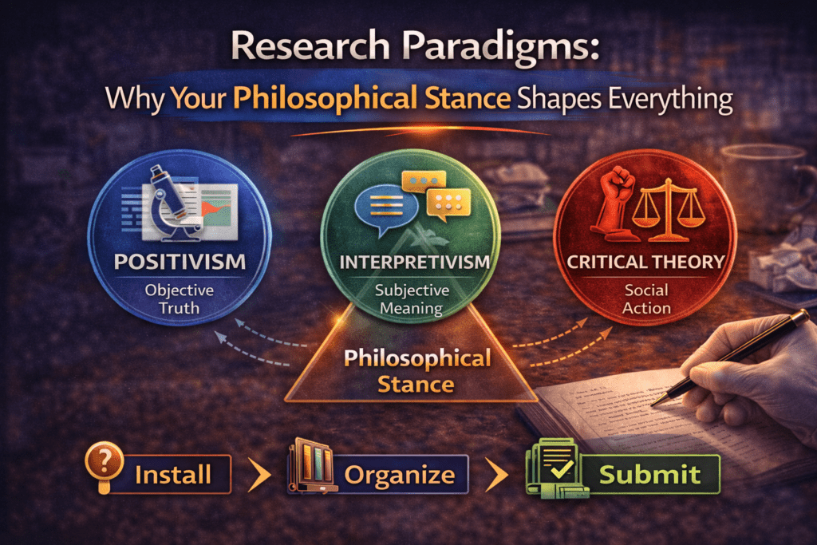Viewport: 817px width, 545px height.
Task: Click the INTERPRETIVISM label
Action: point(412,262)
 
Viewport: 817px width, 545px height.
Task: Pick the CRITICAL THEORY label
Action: point(646,261)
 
